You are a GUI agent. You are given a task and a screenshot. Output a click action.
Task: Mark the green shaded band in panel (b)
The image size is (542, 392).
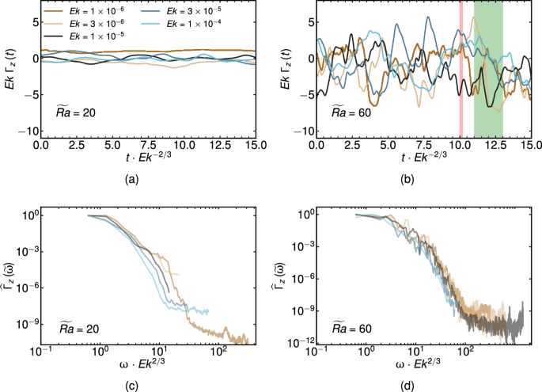pos(488,70)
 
